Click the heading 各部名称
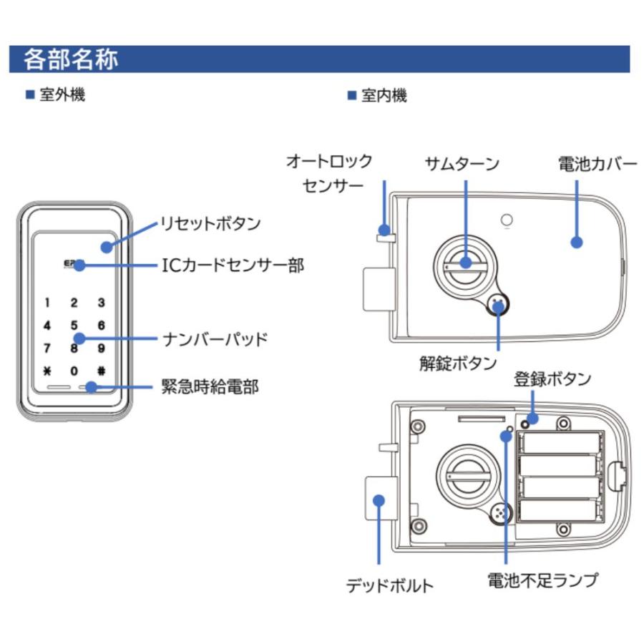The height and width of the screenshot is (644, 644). (71, 59)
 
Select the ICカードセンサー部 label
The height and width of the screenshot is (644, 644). (231, 265)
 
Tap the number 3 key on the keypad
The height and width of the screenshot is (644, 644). (101, 303)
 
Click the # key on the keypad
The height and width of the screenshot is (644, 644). (101, 371)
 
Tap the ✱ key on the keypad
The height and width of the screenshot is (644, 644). (47, 371)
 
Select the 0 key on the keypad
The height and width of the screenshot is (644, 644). (74, 371)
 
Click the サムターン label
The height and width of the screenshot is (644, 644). (462, 164)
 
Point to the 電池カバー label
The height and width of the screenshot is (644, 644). (597, 164)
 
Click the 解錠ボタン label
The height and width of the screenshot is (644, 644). (458, 363)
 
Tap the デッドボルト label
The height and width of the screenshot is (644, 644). (390, 585)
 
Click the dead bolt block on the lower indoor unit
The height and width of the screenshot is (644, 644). (378, 499)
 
